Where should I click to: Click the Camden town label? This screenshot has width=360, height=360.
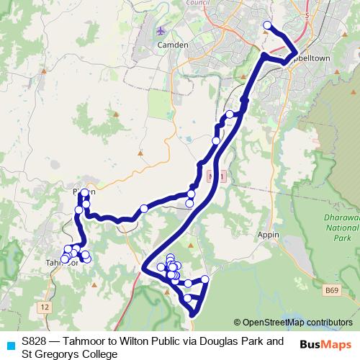point(173,45)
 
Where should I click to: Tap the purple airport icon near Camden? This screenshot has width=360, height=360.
point(161,32)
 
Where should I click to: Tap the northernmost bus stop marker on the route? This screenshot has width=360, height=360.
point(268,26)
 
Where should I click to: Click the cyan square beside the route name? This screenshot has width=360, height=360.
point(10,345)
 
